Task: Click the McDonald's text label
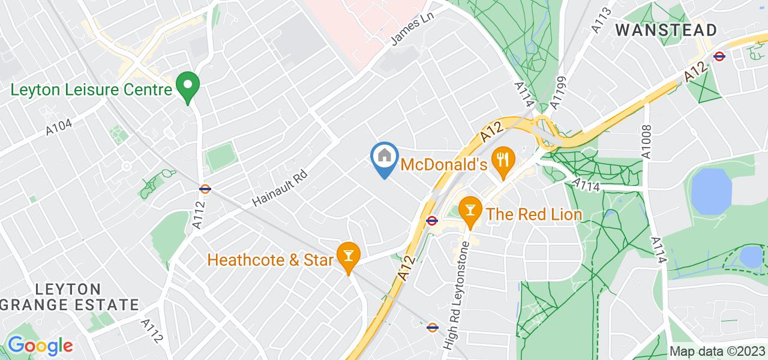tap(443, 163)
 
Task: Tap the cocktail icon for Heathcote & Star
tap(347, 256)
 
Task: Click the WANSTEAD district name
tap(666, 30)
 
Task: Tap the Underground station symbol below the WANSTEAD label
tap(719, 56)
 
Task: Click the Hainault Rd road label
tap(279, 187)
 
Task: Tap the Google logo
tap(40, 346)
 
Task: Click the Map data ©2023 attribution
tap(717, 351)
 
